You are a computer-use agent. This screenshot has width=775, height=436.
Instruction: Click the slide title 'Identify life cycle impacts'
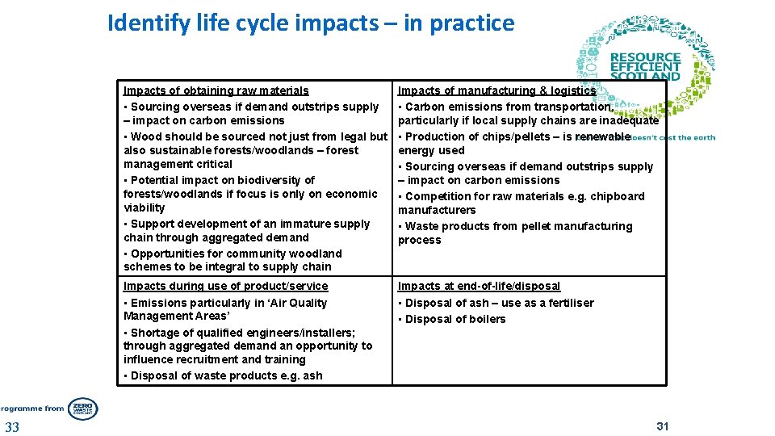pos(310,23)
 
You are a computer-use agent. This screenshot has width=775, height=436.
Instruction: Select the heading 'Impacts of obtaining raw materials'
pos(216,90)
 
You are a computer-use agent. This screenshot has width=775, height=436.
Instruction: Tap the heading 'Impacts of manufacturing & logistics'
pos(496,90)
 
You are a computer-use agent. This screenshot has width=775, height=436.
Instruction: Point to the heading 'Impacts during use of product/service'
pos(225,286)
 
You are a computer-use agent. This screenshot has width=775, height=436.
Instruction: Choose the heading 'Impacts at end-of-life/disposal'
pos(479,286)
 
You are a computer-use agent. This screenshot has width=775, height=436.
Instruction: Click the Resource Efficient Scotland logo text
pos(645,67)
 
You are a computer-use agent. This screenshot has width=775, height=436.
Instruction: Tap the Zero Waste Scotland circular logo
pos(82,409)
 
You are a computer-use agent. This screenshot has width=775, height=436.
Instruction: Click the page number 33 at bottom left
pos(12,427)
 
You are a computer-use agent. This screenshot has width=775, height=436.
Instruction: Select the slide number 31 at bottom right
pos(663,426)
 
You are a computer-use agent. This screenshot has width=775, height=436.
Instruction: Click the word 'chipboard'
pos(617,196)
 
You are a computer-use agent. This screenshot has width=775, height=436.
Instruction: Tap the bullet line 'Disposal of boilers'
pos(455,319)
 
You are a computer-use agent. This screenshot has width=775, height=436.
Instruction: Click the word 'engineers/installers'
pos(277,332)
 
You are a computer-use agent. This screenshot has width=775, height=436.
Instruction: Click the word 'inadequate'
pos(629,120)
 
